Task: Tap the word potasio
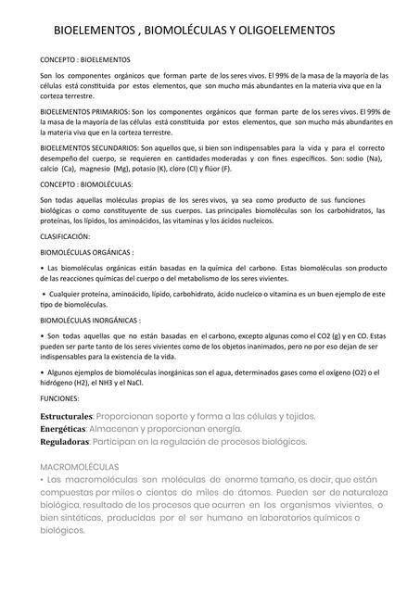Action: point(165,169)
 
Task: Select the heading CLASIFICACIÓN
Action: point(70,237)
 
